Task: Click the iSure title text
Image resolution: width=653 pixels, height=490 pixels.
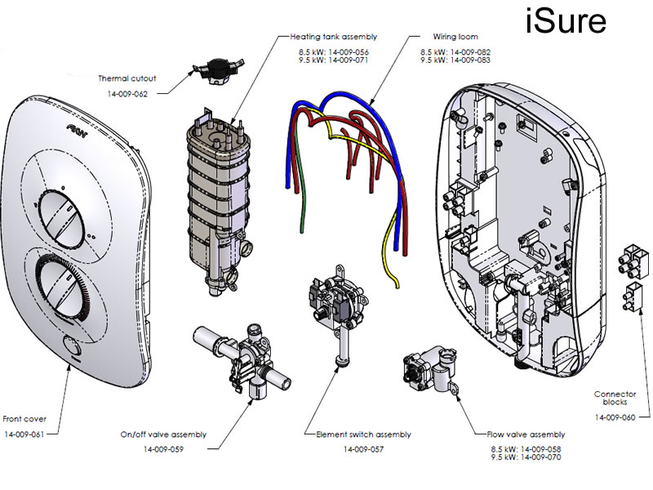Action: click(x=565, y=21)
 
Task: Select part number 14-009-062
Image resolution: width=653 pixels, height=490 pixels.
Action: click(x=127, y=95)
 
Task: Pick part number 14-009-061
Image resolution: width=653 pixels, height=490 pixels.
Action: click(x=24, y=433)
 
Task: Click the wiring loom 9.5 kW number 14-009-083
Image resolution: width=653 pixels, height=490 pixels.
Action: click(x=466, y=60)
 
